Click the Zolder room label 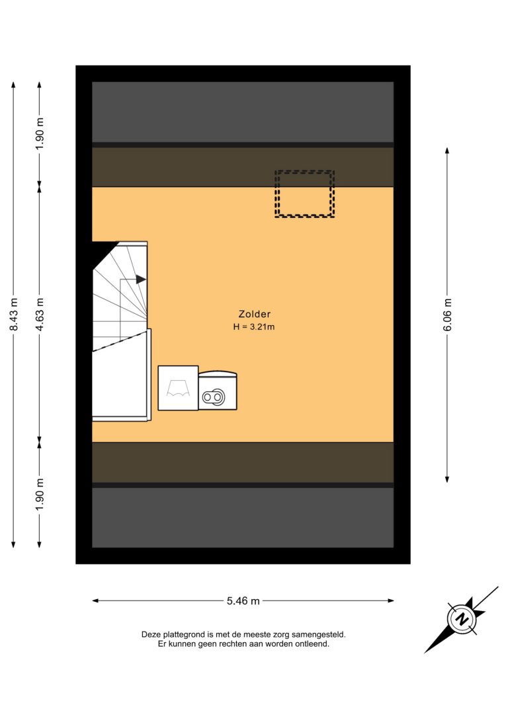254,314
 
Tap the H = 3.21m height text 254,327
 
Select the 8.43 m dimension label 14,314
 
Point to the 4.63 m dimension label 40,314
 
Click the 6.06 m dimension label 448,314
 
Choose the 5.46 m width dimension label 243,600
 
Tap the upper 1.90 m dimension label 40,134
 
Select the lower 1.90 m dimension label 40,494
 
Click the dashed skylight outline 305,171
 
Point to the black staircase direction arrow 141,279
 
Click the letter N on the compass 462,619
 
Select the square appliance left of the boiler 178,388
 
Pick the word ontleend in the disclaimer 314,644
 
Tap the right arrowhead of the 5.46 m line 391,600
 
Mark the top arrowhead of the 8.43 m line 14,85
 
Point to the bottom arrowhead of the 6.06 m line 447,479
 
